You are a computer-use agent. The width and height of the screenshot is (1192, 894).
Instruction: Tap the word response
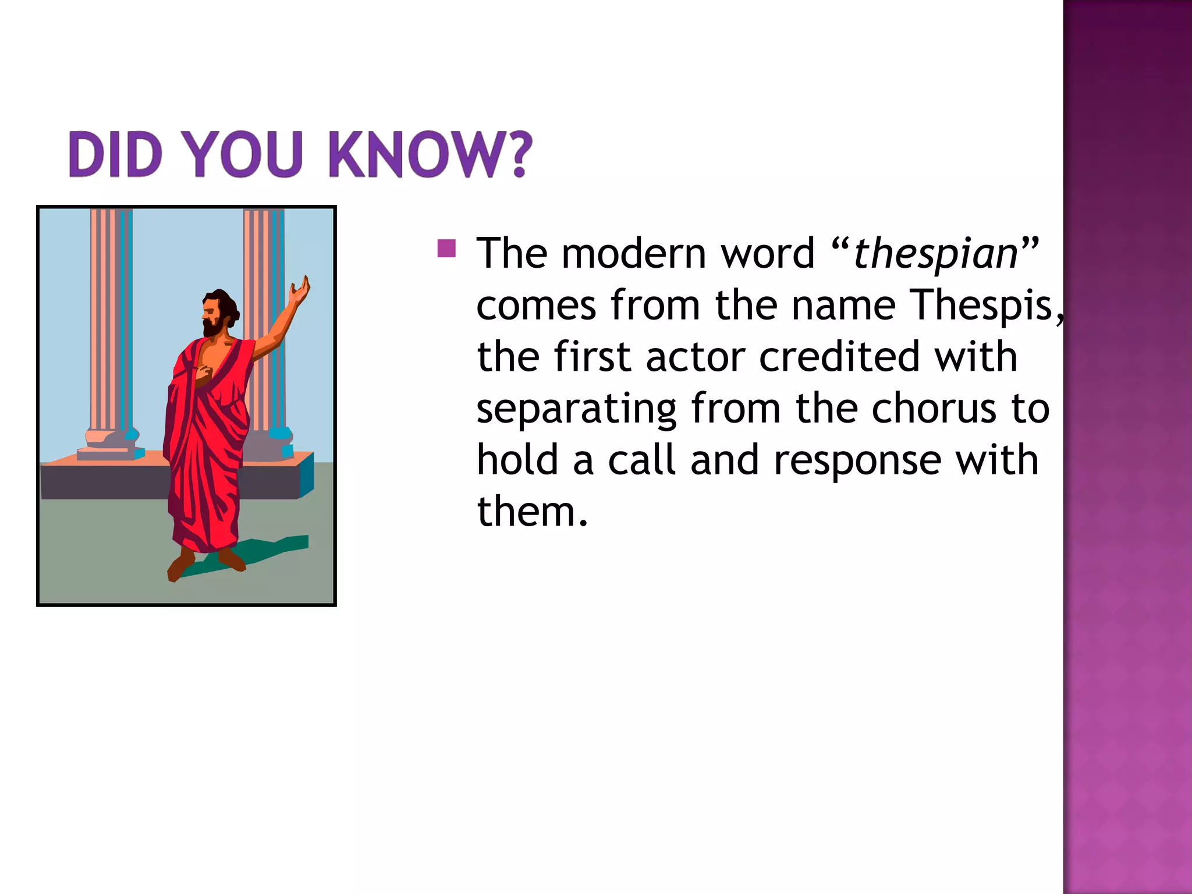(857, 460)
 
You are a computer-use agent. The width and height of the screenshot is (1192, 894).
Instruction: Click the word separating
(576, 409)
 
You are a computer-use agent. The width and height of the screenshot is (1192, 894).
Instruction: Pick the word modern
(633, 254)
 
